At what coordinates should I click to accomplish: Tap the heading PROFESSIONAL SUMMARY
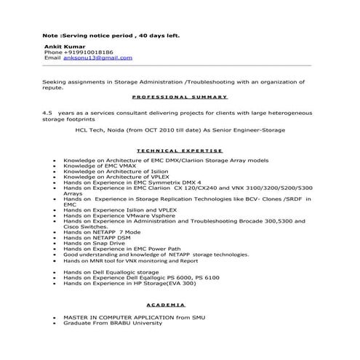tap(180, 97)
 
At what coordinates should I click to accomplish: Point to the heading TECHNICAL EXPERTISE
tap(180, 151)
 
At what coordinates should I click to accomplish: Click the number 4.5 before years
tap(48, 113)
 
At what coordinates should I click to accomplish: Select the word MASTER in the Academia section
tap(79, 317)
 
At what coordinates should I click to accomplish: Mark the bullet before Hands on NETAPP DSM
tap(55, 238)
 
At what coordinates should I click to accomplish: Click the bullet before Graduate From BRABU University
tap(55, 323)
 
